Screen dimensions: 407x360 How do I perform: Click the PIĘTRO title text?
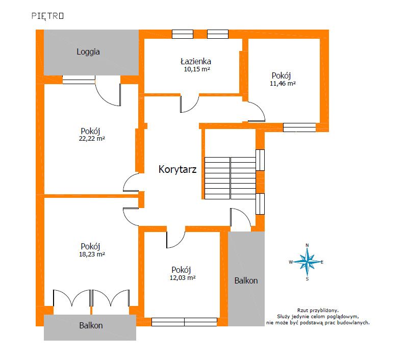click(47, 16)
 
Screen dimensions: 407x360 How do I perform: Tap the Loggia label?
click(88, 52)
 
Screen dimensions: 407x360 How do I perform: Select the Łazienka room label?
click(196, 61)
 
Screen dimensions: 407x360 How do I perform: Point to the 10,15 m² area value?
click(197, 69)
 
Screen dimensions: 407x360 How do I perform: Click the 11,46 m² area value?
click(283, 83)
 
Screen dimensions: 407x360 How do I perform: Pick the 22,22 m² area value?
click(92, 138)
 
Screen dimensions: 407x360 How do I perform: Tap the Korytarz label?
click(177, 169)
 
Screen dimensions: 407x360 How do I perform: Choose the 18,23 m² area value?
click(92, 254)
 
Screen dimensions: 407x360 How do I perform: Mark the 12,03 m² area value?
click(183, 277)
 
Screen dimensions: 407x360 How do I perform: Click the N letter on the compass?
click(308, 245)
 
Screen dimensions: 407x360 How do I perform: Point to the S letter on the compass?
click(308, 279)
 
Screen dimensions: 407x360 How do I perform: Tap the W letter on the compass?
click(291, 262)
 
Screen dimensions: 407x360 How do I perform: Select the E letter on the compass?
click(322, 262)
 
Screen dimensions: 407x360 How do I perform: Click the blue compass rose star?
click(308, 262)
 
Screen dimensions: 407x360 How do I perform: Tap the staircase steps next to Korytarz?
click(230, 178)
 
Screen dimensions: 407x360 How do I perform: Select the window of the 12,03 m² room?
click(184, 322)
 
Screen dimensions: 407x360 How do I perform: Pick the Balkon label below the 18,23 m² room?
click(91, 325)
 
